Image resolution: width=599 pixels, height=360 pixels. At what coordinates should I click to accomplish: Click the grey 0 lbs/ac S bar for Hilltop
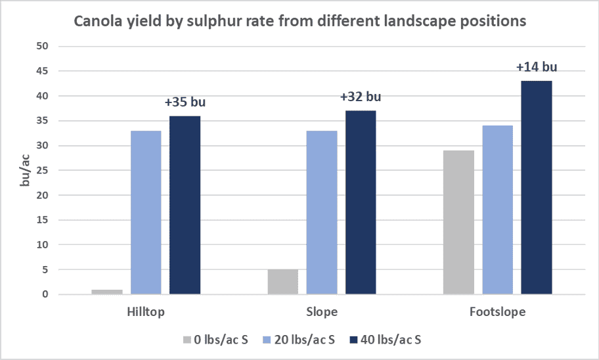click(107, 292)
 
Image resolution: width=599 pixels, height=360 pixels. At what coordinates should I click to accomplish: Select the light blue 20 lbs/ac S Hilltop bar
click(146, 212)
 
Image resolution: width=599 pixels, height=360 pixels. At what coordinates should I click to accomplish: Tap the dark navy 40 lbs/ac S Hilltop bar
click(185, 205)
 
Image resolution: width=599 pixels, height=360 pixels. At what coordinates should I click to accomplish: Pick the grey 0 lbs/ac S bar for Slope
click(283, 282)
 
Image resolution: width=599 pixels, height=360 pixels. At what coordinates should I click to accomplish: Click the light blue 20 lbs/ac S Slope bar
click(322, 212)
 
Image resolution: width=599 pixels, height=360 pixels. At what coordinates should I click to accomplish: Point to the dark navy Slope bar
click(361, 202)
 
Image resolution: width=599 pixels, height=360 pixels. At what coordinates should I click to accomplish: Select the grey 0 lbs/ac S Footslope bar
click(458, 222)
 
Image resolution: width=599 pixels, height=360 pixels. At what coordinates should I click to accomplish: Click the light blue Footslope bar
click(497, 210)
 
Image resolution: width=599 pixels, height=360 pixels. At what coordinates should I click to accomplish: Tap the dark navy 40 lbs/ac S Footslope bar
click(537, 187)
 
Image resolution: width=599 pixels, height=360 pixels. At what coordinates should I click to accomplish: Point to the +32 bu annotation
click(361, 97)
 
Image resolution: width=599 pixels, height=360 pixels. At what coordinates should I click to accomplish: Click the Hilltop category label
click(146, 312)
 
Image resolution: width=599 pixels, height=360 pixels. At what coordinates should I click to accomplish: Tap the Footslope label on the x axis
click(497, 312)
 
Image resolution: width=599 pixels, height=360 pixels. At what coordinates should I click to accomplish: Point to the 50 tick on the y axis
click(43, 47)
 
